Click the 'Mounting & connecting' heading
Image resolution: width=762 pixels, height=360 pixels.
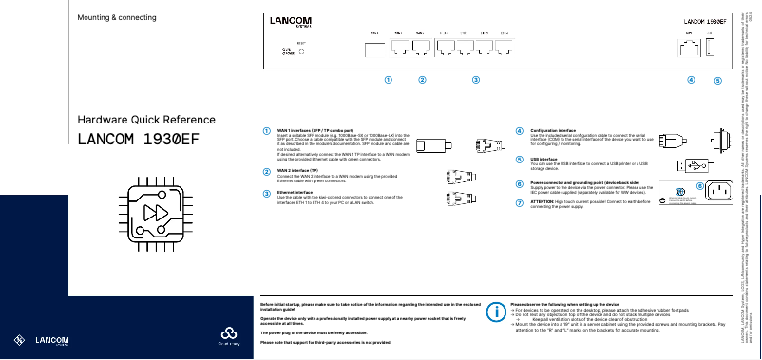(116, 18)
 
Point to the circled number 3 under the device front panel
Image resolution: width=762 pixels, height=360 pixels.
(476, 80)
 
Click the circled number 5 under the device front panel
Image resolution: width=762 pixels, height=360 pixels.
(718, 81)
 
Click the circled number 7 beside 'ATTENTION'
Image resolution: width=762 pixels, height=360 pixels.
(519, 201)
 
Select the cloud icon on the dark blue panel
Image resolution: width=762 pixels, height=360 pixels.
(226, 333)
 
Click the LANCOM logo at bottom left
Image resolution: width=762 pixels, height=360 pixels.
(42, 339)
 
